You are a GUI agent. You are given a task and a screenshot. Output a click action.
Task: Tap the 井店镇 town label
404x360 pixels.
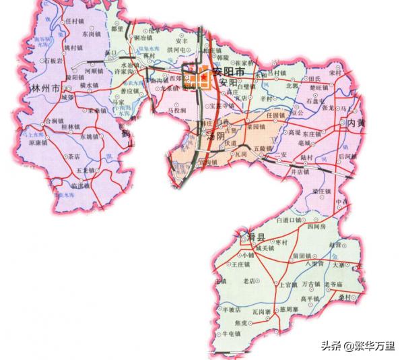[x=296, y=173]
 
